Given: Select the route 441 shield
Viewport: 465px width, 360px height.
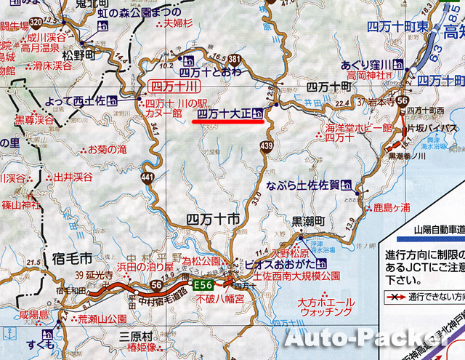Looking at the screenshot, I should click(x=148, y=178).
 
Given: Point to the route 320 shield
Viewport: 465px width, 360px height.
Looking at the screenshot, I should click(x=36, y=25).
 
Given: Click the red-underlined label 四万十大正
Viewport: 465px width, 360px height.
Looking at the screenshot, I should click(x=224, y=113).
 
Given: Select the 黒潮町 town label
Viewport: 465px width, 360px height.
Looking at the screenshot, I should click(x=311, y=219).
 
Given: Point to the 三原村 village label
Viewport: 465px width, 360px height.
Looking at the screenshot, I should click(x=137, y=338).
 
